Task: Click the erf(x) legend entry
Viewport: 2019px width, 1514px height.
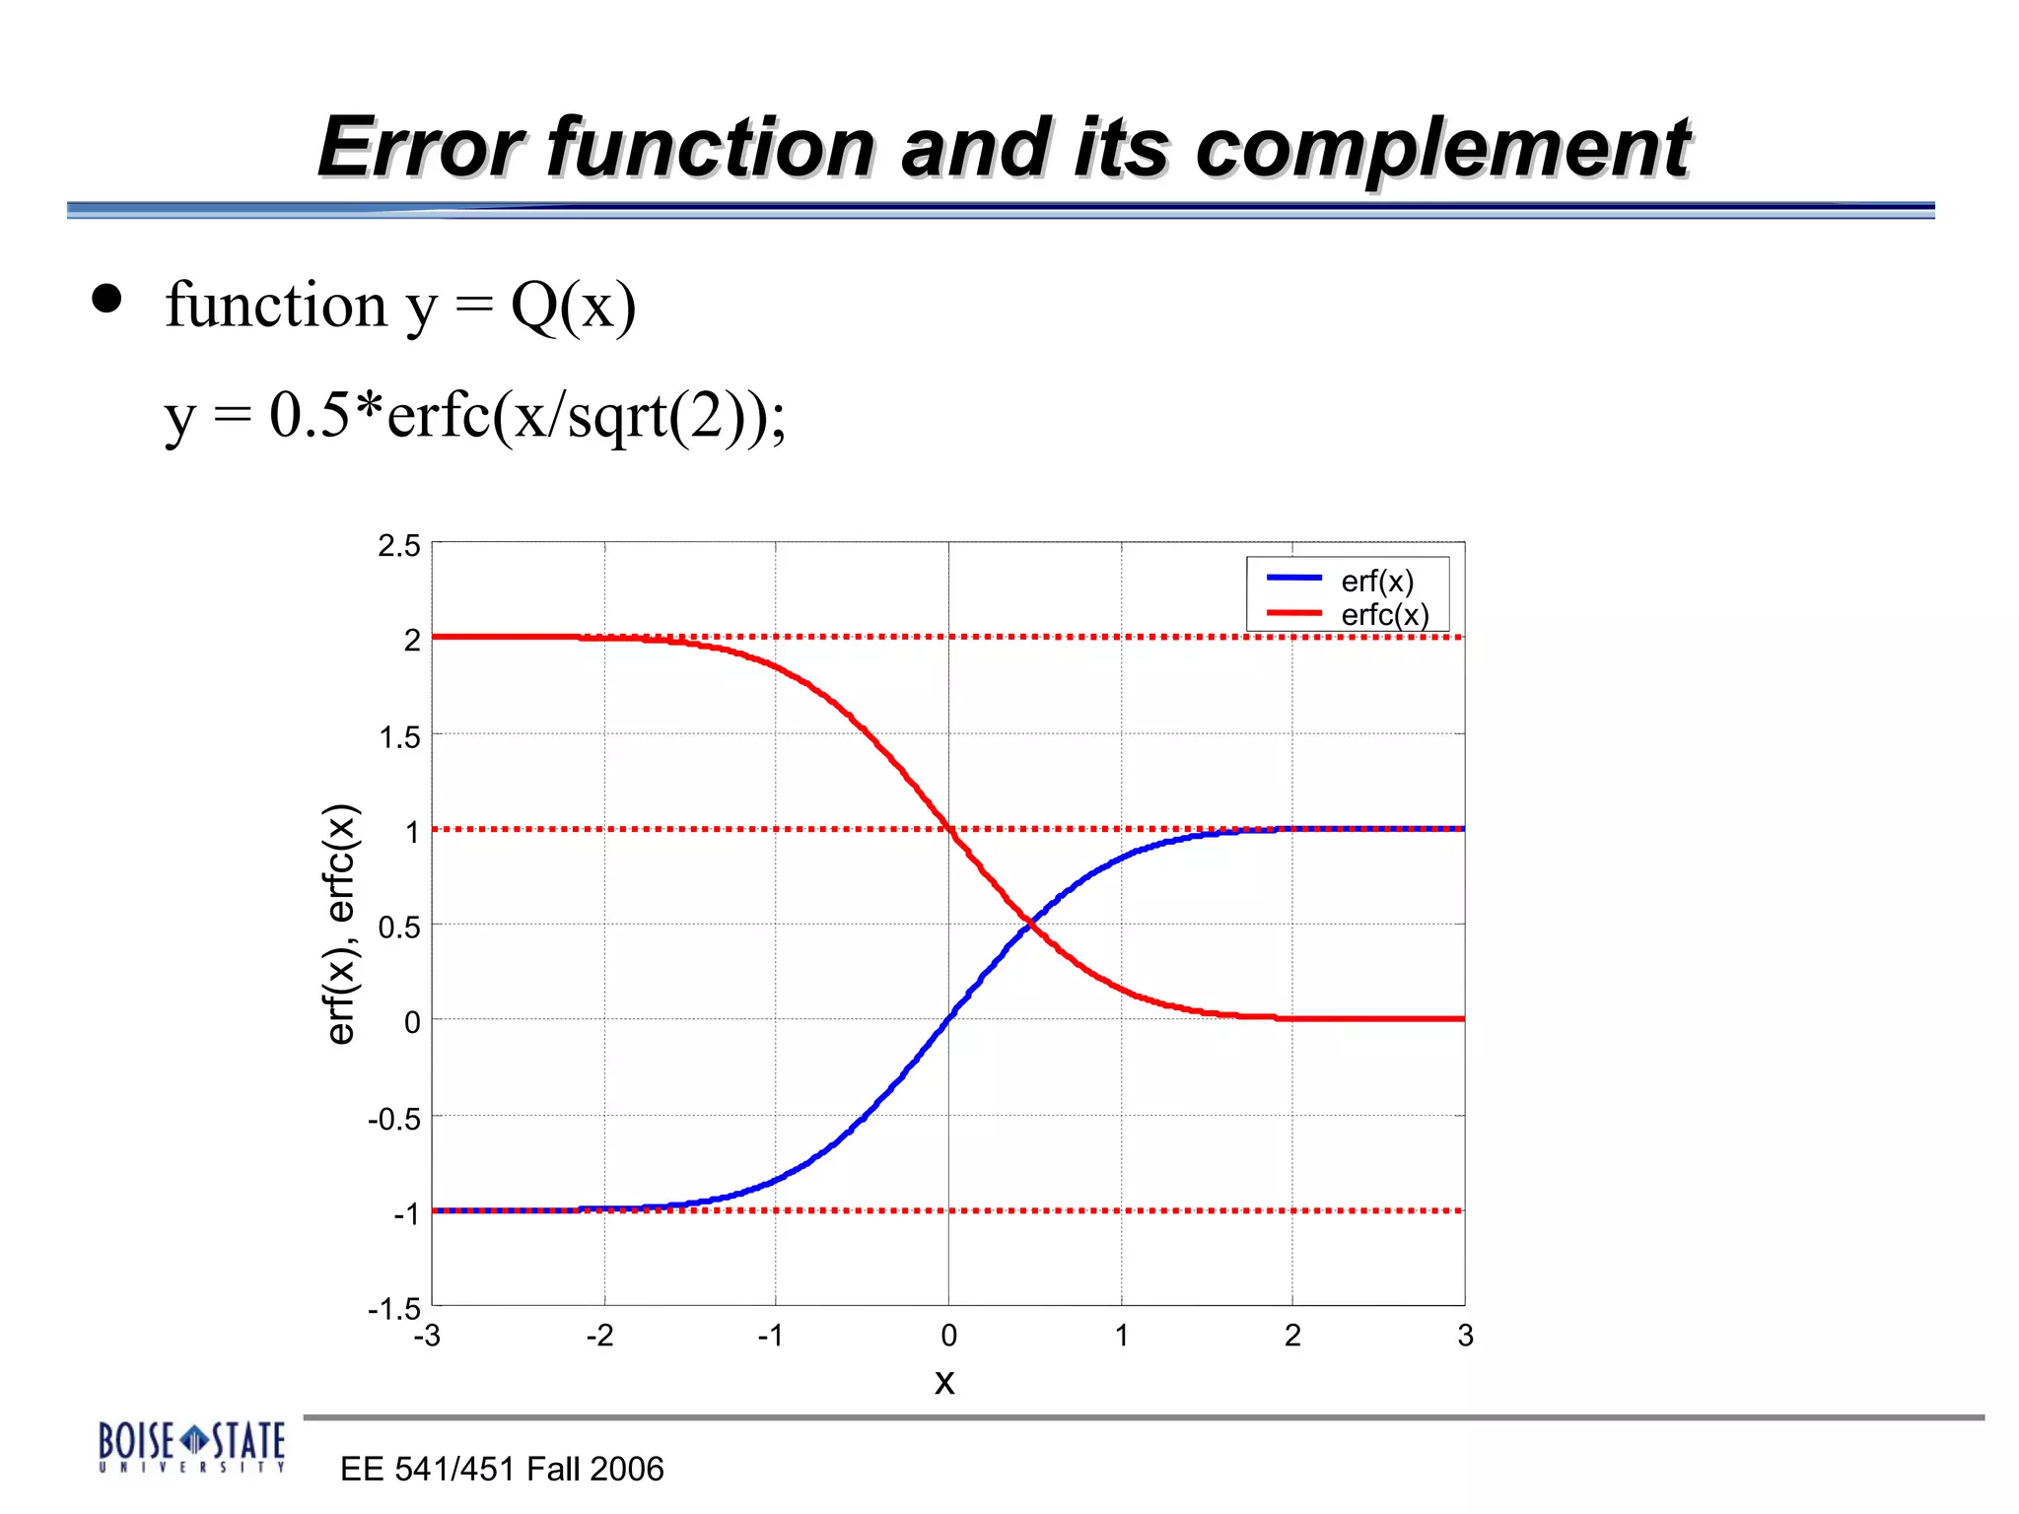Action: [1376, 582]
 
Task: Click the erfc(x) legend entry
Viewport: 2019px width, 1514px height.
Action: [1384, 615]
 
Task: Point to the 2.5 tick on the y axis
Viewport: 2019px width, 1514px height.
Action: [399, 546]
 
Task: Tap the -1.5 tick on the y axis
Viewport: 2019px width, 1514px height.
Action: [394, 1309]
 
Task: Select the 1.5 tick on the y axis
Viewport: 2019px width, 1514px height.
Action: [399, 737]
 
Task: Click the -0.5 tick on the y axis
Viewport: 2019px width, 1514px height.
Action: [394, 1119]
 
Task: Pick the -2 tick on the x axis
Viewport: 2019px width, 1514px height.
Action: [599, 1336]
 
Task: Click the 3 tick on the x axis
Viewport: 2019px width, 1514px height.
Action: [1465, 1336]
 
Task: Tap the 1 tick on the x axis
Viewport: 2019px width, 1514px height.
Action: [1121, 1336]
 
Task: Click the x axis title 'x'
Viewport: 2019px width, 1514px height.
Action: [944, 1382]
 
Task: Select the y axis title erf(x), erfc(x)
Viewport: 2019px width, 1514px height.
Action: [341, 924]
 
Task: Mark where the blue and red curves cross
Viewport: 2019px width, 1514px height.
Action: [1028, 923]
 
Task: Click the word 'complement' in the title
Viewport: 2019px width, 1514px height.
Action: [1442, 149]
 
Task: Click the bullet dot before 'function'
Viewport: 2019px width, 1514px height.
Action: [106, 299]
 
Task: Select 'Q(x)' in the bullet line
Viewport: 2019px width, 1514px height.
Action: [573, 307]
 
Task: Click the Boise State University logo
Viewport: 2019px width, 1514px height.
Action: [191, 1446]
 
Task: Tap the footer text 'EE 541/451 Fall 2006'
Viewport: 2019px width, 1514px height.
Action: [502, 1469]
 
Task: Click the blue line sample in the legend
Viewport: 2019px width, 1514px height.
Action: [1293, 578]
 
